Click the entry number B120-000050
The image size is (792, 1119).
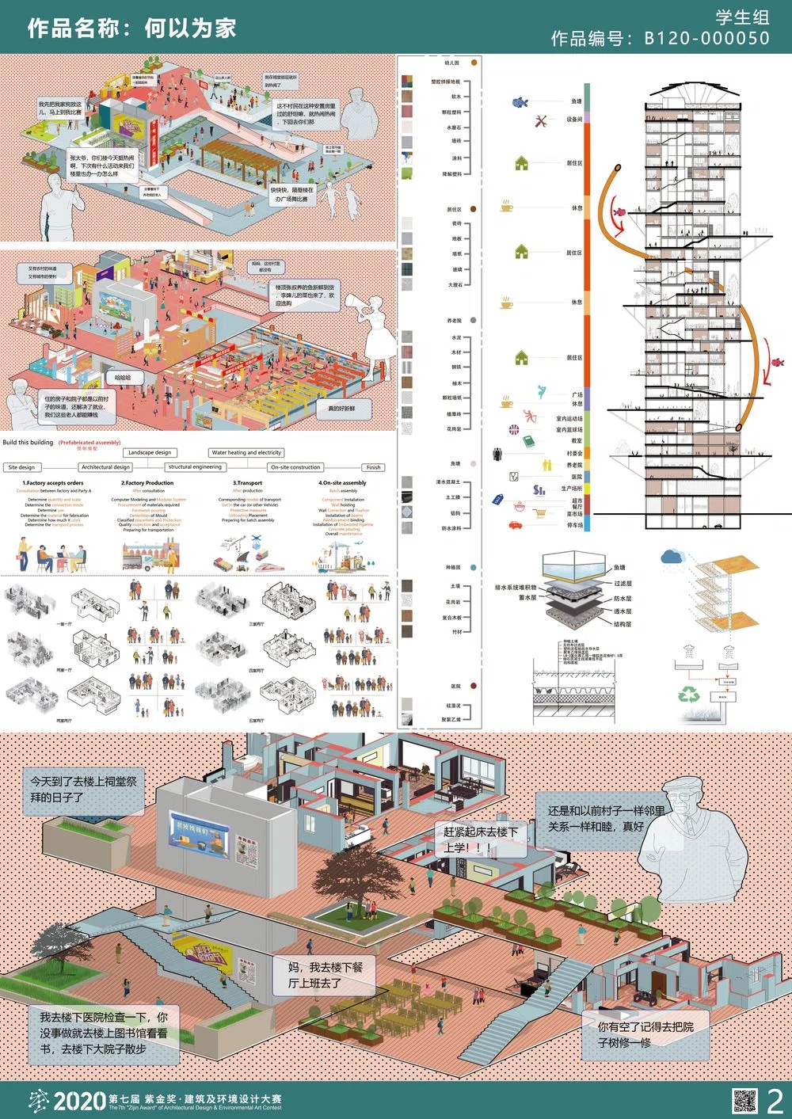click(706, 38)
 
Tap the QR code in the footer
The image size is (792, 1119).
click(744, 1101)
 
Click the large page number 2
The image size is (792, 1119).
click(775, 1101)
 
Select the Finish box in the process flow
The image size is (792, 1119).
click(374, 467)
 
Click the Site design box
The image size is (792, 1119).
click(21, 467)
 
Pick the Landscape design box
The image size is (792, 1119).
click(150, 452)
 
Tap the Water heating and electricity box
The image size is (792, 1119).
click(246, 452)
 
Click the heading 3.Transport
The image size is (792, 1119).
click(247, 482)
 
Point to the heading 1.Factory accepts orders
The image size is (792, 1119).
click(52, 482)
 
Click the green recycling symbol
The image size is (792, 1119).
click(688, 695)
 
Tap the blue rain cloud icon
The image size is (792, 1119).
click(674, 557)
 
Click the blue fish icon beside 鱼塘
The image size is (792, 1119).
click(520, 102)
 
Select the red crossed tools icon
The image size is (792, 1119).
click(542, 121)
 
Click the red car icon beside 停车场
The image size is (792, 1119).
click(516, 524)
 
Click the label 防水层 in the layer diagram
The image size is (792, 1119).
click(623, 599)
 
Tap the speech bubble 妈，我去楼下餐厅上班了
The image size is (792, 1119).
click(325, 975)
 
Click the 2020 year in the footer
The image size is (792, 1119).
click(79, 1101)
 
